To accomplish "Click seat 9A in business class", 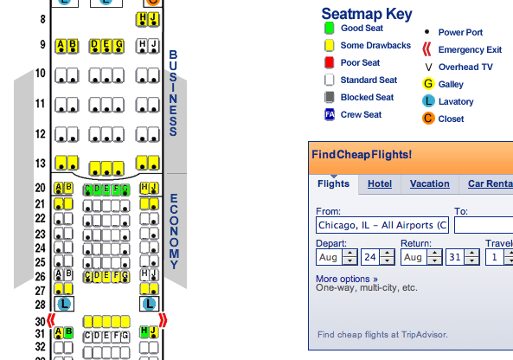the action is click(x=61, y=46).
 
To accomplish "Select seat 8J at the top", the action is click(x=154, y=19).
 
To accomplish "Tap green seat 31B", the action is click(x=68, y=332).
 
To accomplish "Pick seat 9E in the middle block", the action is click(x=106, y=46).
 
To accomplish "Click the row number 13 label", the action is click(x=41, y=163).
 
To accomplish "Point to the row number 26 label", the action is click(x=41, y=277).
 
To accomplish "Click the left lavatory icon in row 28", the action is click(x=64, y=304).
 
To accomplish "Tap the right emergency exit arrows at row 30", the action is click(x=163, y=320).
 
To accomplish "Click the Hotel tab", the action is click(x=380, y=184).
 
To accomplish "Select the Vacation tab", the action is click(x=430, y=184).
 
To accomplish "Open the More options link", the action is click(x=347, y=279).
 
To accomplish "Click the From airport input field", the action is click(x=382, y=225).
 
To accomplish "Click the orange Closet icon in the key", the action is click(x=428, y=119).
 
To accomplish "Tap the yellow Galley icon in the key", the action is click(x=428, y=84).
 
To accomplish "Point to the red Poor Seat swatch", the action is click(x=329, y=62).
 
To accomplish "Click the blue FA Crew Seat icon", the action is click(x=330, y=114).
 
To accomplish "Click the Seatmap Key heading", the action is click(x=367, y=14).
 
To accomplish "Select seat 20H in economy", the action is click(x=144, y=188).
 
